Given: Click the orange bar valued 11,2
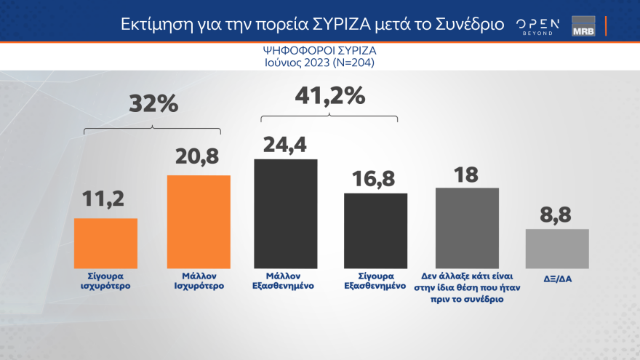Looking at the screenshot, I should tap(105, 243).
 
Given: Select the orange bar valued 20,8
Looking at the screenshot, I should tap(199, 222).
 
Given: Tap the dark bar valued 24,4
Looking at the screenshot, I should tap(286, 213).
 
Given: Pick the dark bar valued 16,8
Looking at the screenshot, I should tap(375, 231).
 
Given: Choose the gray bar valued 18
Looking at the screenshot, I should tap(467, 228).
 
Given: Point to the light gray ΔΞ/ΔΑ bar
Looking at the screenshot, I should tap(557, 249).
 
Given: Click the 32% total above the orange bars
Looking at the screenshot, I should tap(153, 104).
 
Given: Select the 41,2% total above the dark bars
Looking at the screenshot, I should tap(329, 95).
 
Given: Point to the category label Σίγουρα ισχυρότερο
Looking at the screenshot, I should tap(105, 281).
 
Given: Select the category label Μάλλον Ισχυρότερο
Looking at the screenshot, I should tap(199, 281).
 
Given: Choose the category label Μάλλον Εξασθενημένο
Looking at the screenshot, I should tap(286, 281).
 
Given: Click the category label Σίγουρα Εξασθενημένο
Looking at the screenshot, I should tap(375, 281).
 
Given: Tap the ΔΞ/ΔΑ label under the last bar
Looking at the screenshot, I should tap(557, 277).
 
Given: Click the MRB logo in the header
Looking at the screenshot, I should tap(583, 25).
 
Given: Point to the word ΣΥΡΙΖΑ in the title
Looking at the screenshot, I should tap(347, 24).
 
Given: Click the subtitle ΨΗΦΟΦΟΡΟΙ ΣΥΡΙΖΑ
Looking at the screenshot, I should tap(320, 52).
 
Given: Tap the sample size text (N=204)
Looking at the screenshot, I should tap(353, 63).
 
